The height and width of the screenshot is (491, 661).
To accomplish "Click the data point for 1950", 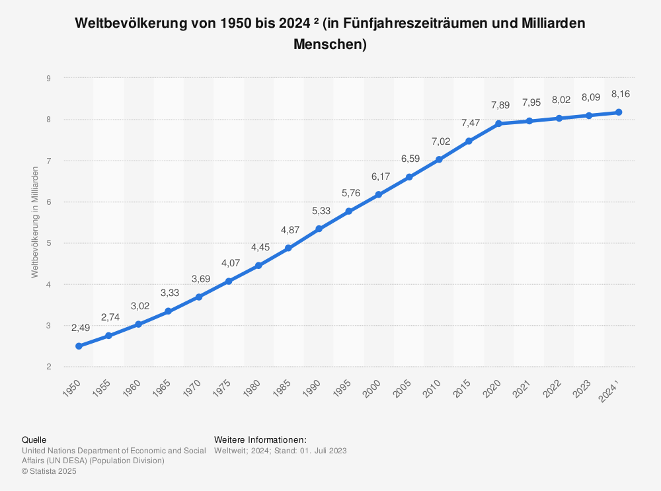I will point(79,346).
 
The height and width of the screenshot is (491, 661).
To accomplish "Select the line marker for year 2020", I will point(498,124).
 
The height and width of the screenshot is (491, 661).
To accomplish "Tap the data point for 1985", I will point(288,248).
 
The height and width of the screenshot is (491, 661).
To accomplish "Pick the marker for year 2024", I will point(619,112).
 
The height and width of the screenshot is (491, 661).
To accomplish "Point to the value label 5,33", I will point(319,211).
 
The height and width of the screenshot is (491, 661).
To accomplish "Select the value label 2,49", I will point(79,328).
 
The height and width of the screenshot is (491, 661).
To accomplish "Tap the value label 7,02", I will point(439,141).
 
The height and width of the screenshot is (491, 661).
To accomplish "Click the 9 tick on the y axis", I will point(49,79).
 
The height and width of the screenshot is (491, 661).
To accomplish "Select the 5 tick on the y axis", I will point(49,243).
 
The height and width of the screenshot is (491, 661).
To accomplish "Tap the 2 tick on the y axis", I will point(49,367).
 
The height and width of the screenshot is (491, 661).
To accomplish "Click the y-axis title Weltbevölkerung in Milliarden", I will point(35,222).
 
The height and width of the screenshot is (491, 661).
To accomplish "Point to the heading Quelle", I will point(34,439).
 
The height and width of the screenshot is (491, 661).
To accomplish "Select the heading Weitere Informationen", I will point(260,439).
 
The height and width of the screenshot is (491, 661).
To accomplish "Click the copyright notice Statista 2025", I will point(49,471).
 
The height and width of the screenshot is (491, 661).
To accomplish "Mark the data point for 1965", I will point(169,311).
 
